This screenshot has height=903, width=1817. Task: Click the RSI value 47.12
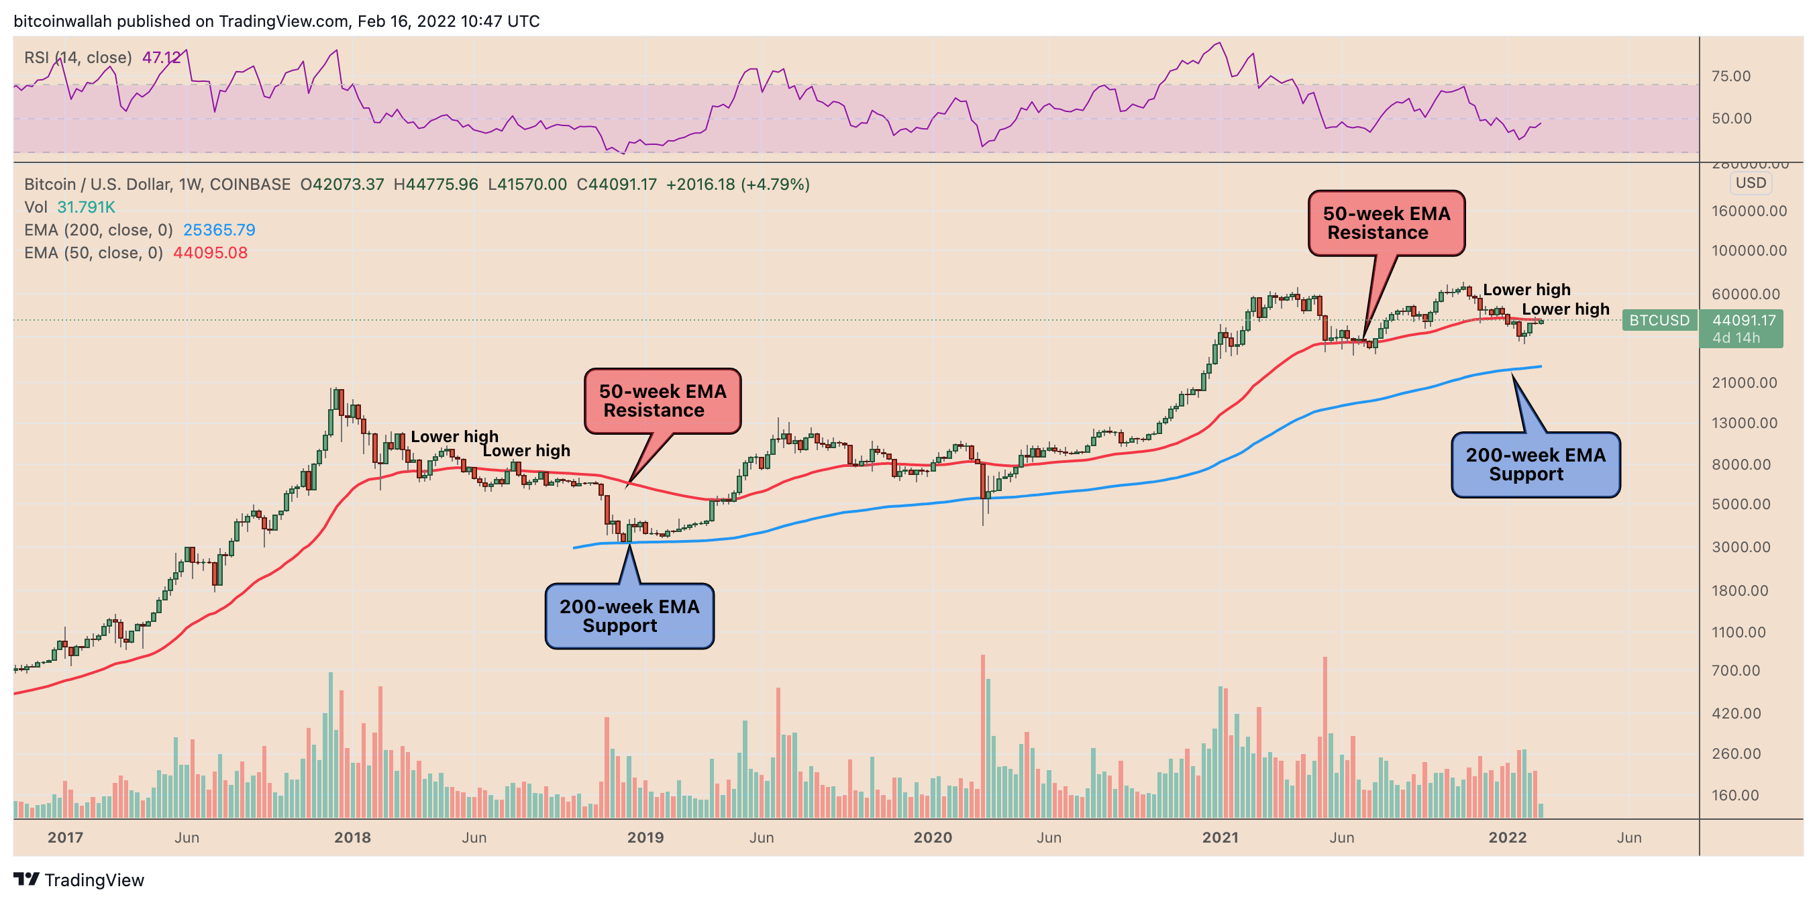pyautogui.click(x=162, y=57)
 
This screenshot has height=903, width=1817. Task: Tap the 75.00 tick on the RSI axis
pyautogui.click(x=1731, y=76)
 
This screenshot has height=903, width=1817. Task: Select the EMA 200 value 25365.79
pyautogui.click(x=219, y=230)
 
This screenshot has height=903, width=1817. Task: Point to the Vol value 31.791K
pyautogui.click(x=85, y=207)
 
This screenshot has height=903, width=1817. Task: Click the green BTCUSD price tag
pyautogui.click(x=1659, y=320)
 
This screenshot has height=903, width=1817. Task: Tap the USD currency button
pyautogui.click(x=1750, y=182)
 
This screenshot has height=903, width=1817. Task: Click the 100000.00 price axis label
pyautogui.click(x=1749, y=250)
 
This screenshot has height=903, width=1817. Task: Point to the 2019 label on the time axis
pyautogui.click(x=645, y=837)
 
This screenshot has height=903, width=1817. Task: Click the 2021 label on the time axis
pyautogui.click(x=1221, y=837)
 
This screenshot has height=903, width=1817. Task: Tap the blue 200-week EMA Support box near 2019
pyautogui.click(x=629, y=616)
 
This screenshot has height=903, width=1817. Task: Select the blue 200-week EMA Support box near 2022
pyautogui.click(x=1535, y=465)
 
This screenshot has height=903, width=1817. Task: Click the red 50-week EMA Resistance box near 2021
pyautogui.click(x=1386, y=223)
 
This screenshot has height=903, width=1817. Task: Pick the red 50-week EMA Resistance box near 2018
pyautogui.click(x=662, y=401)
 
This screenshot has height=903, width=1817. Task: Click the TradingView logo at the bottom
pyautogui.click(x=79, y=880)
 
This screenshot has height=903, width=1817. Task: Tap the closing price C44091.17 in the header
pyautogui.click(x=616, y=184)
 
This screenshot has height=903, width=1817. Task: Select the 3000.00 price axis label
pyautogui.click(x=1740, y=547)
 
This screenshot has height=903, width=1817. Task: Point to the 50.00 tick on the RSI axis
pyautogui.click(x=1731, y=119)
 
